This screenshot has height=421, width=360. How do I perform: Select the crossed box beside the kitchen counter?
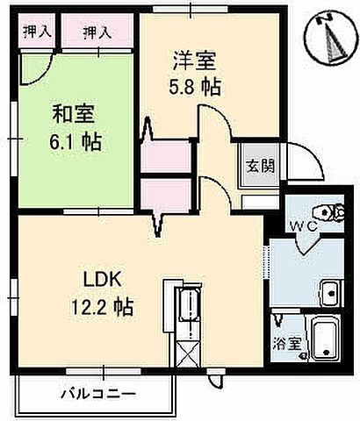point(187,355)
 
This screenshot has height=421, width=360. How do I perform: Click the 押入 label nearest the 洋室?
point(96,33)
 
